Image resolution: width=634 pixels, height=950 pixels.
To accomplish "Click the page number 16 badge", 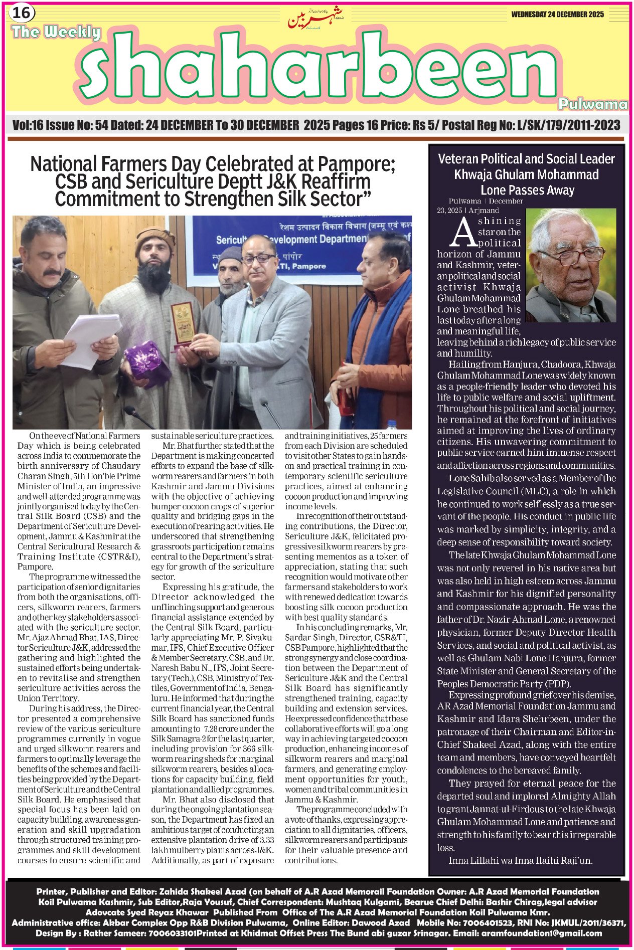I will pos(21,13).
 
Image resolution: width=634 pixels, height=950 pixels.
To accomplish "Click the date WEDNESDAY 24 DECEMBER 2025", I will pos(557,15).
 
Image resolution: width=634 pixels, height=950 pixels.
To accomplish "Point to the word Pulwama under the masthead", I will pos(592,104).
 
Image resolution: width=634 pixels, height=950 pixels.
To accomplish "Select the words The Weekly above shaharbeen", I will pos(56,33).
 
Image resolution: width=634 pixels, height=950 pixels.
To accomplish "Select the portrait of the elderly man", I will pos(571,265).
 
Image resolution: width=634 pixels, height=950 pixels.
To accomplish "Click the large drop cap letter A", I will pos(463,233).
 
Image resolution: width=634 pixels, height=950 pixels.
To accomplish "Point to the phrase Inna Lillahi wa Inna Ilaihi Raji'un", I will pos(520,861).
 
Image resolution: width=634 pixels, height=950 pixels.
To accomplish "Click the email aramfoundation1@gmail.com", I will pos(541,933).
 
